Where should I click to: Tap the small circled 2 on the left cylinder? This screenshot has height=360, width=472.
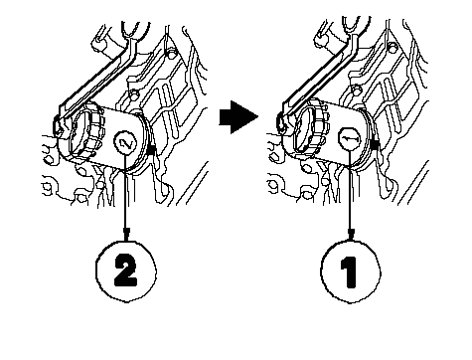125,143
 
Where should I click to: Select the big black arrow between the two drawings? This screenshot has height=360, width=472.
238,117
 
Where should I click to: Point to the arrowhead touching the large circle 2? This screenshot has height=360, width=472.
126,234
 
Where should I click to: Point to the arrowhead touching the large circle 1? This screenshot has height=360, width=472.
351,234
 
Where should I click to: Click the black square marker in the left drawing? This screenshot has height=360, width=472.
150,150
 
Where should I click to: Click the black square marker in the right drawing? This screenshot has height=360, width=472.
375,144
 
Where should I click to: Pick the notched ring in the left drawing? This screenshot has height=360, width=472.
93,132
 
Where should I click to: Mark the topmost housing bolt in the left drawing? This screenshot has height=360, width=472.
171,53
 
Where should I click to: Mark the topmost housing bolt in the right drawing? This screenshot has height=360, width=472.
393,48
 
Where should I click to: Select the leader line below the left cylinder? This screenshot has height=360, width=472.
126,192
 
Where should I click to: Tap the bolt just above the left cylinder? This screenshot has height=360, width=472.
134,95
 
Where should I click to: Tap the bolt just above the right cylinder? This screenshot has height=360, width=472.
356,90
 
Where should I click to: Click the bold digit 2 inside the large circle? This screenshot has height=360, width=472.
126,271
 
